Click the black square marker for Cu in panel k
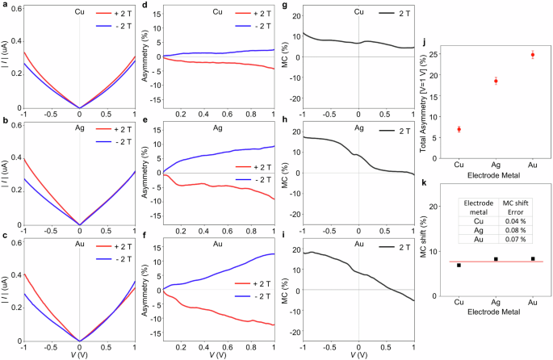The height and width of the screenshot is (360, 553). tap(459, 265)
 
